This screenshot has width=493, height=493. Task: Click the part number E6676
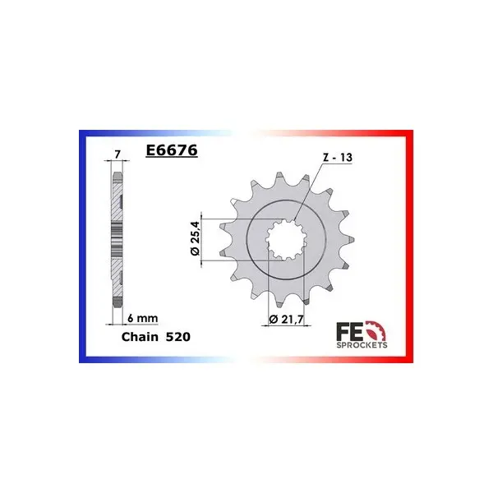pos(172,150)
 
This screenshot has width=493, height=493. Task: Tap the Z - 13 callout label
pos(338,157)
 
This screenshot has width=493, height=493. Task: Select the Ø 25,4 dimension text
pos(195,238)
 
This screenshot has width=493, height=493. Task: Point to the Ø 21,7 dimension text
pos(287,320)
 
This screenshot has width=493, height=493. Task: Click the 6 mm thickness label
pos(143,318)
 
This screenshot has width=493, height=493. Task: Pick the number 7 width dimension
pos(117,154)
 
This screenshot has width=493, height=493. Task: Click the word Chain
pos(140,337)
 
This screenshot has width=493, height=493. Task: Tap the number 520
pos(177,337)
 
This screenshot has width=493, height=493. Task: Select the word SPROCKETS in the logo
pos(362,345)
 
